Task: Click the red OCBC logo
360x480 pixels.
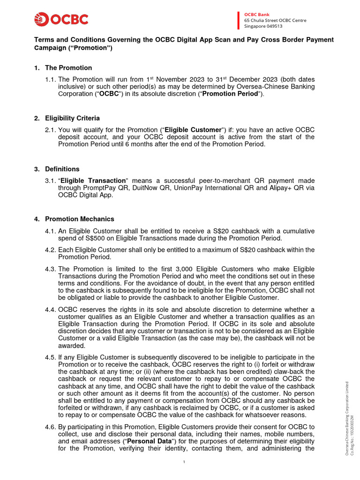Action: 61,20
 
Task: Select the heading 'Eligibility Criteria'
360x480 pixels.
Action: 72,118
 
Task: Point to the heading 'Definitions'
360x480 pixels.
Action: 62,169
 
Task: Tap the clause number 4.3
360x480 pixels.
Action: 51,269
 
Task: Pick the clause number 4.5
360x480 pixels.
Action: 51,357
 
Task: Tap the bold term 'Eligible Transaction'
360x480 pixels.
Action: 94,181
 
